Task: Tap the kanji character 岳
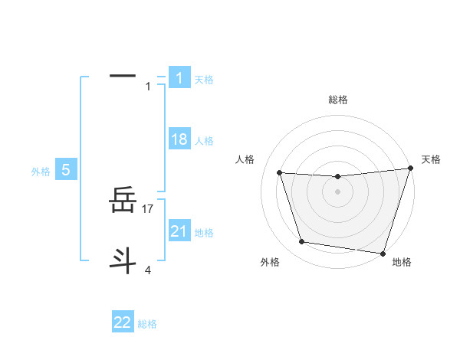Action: (x=123, y=202)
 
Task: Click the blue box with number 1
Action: (x=179, y=78)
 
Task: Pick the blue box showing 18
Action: (x=179, y=139)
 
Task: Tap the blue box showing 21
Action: (x=179, y=231)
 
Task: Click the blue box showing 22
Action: (x=123, y=322)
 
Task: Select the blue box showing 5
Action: (x=66, y=170)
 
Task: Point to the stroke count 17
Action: (x=148, y=208)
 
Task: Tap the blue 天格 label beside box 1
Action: (x=204, y=80)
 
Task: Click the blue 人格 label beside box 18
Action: (x=204, y=141)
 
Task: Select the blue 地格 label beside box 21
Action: (x=204, y=233)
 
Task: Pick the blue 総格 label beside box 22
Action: (x=147, y=324)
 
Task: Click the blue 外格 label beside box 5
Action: (x=41, y=172)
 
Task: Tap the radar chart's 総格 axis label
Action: (x=337, y=100)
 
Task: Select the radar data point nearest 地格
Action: (x=383, y=253)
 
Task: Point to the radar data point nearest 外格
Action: (x=302, y=242)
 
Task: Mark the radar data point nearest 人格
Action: (x=280, y=173)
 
